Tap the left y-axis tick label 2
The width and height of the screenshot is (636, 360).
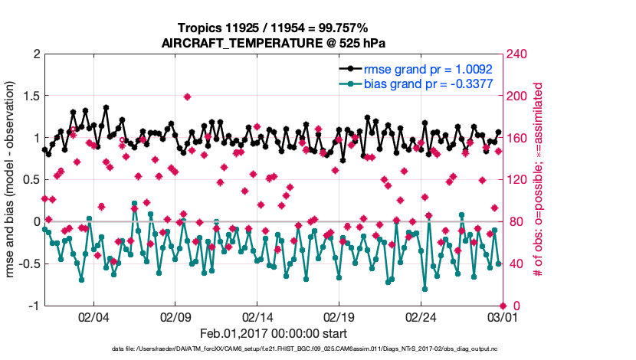click(x=35, y=54)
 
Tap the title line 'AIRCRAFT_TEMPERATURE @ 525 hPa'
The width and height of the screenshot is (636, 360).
click(x=273, y=43)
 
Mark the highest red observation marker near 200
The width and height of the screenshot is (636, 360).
click(x=187, y=97)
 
